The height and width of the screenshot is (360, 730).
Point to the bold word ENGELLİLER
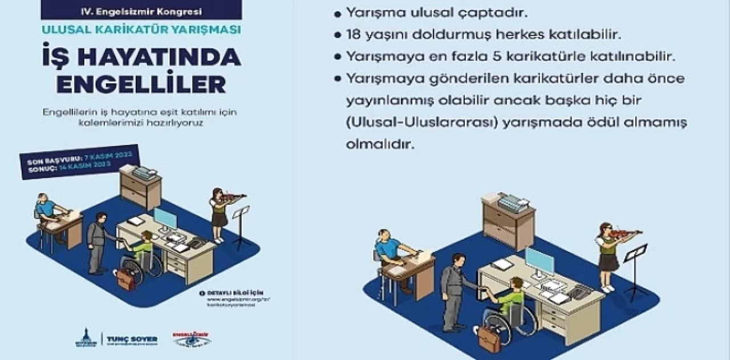click(x=141, y=83)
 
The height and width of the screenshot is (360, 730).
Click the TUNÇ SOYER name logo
click(x=132, y=339)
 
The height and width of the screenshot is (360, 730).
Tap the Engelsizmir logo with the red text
click(x=191, y=339)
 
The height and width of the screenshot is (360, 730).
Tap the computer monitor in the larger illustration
click(x=539, y=261)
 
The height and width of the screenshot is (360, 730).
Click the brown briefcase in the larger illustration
click(x=489, y=339)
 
